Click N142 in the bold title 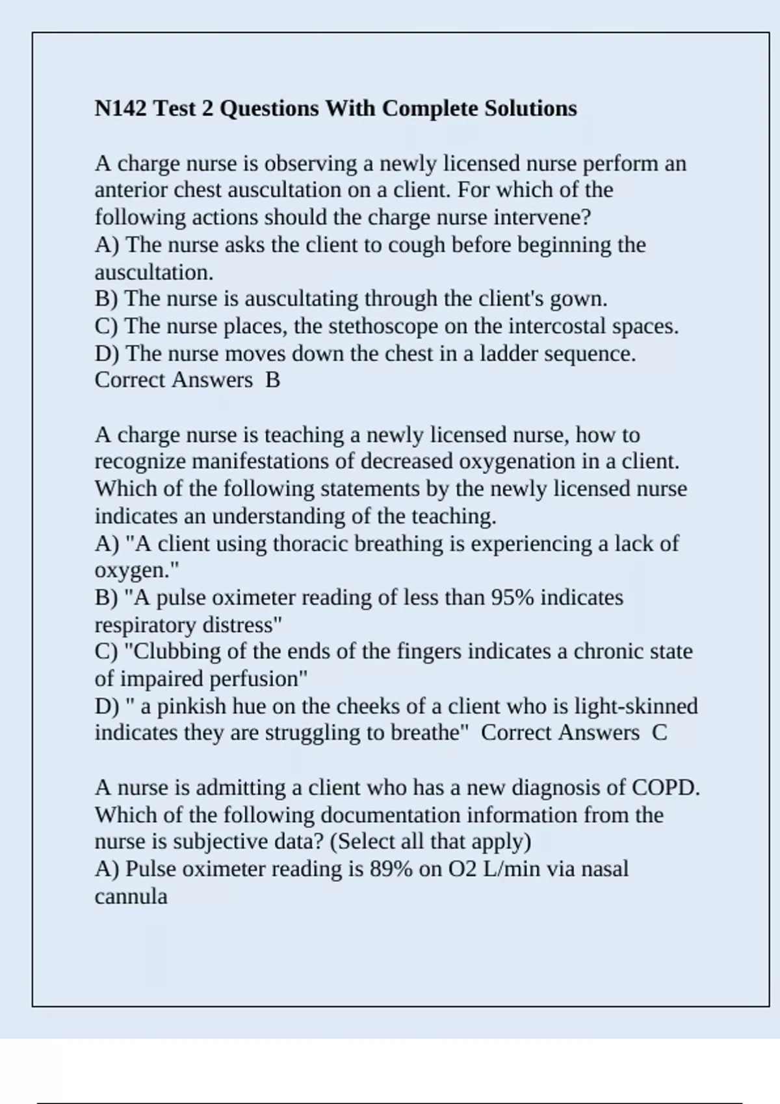tap(121, 108)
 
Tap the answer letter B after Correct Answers tap(272, 381)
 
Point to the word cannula tap(131, 897)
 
